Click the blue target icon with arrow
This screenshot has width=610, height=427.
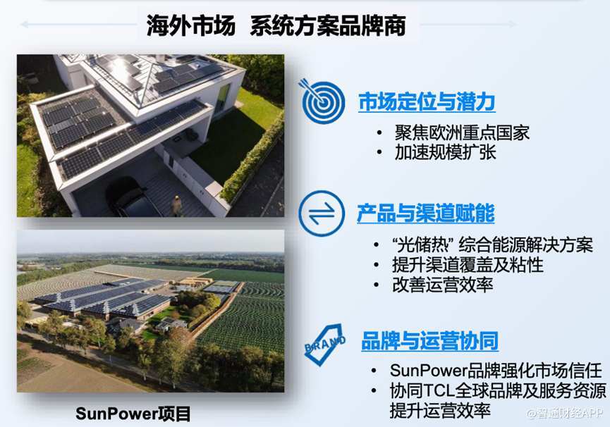[x=322, y=101]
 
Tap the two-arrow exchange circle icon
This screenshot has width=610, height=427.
[x=322, y=213]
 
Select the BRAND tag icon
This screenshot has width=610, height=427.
[x=325, y=345]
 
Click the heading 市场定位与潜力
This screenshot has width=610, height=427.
[x=427, y=101]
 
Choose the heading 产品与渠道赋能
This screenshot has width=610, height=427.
[x=426, y=213]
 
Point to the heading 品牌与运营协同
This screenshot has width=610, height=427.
[x=430, y=341]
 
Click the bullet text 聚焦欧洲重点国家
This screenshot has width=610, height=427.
[x=462, y=133]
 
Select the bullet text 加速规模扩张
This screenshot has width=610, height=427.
[x=445, y=152]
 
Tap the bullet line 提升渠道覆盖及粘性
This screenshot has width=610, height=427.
[x=468, y=265]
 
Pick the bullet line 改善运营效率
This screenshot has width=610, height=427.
[x=442, y=285]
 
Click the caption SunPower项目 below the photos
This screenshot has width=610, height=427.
[x=133, y=414]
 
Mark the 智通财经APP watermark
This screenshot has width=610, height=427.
[x=564, y=413]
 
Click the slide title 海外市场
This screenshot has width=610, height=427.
[x=190, y=25]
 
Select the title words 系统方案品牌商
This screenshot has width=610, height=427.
[x=328, y=25]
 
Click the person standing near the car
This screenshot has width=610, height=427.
[x=177, y=206]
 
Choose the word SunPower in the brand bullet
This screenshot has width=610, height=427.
[x=428, y=371]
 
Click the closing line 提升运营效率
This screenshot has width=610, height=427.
[x=440, y=411]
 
